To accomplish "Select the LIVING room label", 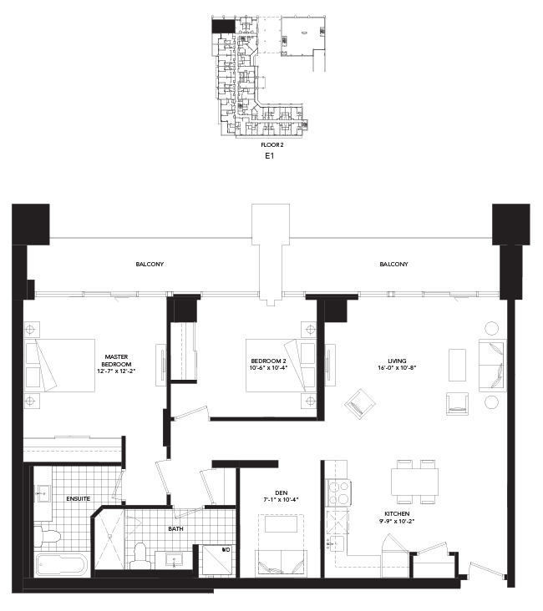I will pos(384,361).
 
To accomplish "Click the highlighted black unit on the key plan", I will pos(222,27).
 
